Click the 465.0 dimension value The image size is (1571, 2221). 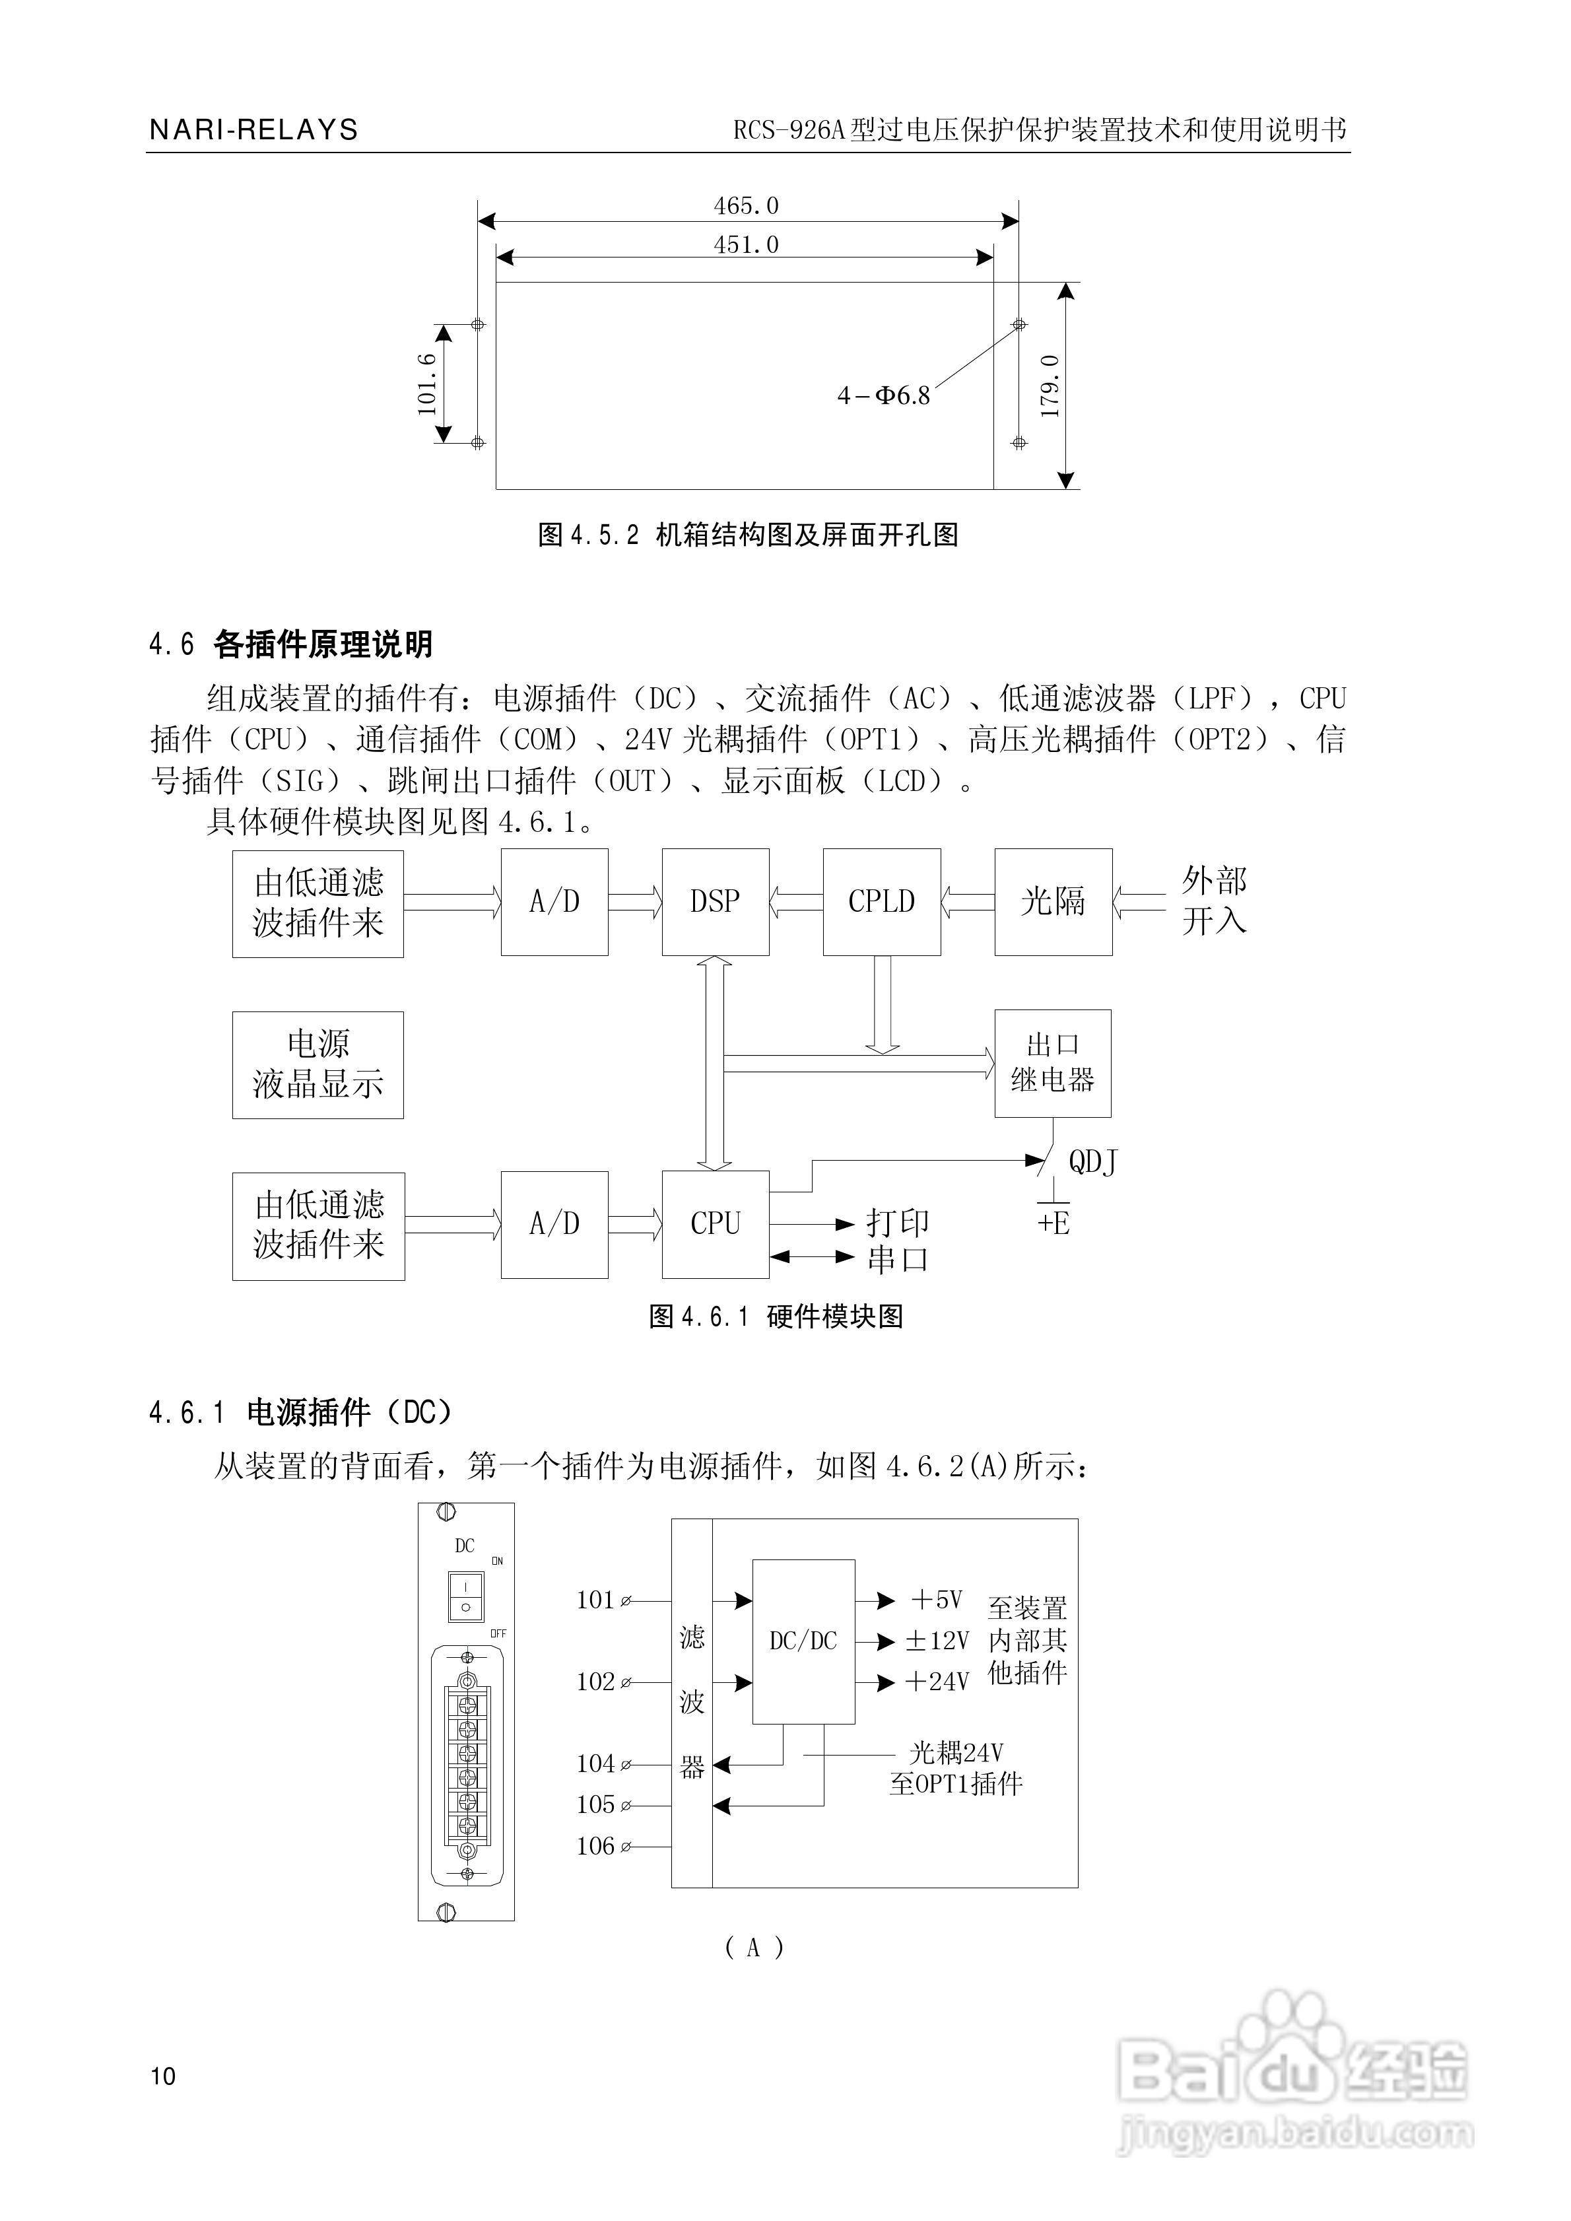(x=746, y=206)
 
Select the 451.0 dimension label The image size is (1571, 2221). (x=746, y=245)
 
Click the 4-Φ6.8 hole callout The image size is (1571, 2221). (x=883, y=395)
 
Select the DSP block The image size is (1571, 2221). (x=715, y=902)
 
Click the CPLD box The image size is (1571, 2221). (x=881, y=902)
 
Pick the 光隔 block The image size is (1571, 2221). (x=1052, y=902)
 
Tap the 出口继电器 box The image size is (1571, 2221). (x=1052, y=1063)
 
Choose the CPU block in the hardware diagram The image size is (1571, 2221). (x=715, y=1223)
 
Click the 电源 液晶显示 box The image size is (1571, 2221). (x=318, y=1064)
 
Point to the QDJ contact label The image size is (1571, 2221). (x=1093, y=1162)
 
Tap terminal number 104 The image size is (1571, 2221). (x=596, y=1763)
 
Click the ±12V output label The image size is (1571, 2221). (x=937, y=1641)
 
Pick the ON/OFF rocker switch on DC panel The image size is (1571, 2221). (x=465, y=1595)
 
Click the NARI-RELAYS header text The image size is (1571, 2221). (x=253, y=129)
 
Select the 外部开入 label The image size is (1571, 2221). (x=1213, y=901)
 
